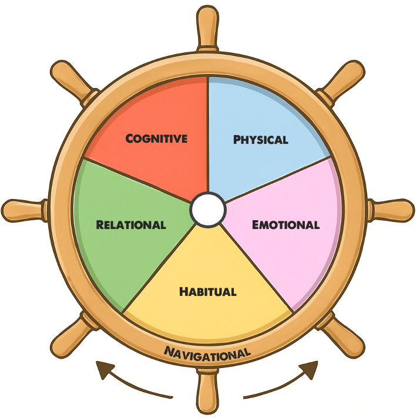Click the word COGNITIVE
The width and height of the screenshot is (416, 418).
(157, 139)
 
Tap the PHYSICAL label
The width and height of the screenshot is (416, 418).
(260, 140)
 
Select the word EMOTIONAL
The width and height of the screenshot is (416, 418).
(286, 225)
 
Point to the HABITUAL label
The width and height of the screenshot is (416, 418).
(207, 291)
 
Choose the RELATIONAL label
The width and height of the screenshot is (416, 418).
(131, 225)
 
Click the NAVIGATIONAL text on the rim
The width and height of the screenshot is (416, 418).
(207, 352)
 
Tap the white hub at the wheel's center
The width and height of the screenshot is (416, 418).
(207, 210)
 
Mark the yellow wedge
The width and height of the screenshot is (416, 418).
(207, 317)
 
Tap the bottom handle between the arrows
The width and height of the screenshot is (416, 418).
(207, 393)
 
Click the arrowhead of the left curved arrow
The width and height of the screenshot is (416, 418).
(105, 369)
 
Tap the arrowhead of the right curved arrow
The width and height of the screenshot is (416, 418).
(310, 369)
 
